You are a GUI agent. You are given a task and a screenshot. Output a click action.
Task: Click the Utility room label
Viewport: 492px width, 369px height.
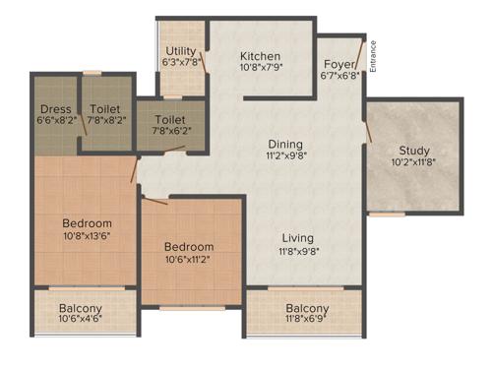[181, 50]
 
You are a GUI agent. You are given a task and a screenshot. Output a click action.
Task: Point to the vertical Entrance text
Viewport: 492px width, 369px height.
[374, 57]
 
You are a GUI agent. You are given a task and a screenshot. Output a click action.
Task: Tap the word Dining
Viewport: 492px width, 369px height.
[283, 142]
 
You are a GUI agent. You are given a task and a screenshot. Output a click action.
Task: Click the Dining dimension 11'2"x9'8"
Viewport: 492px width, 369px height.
[283, 154]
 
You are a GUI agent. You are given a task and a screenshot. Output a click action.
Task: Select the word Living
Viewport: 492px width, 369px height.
[297, 237]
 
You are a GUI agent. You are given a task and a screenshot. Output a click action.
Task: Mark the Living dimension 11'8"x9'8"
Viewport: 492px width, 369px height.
[297, 250]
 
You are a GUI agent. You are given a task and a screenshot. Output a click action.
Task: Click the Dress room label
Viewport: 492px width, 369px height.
[54, 108]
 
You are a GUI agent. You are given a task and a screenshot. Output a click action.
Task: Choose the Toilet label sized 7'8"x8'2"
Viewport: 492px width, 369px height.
[105, 108]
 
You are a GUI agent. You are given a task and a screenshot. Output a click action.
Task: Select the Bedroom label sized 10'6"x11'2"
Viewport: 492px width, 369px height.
[189, 246]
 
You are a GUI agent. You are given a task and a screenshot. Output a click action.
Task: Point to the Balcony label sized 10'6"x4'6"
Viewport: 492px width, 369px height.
[80, 308]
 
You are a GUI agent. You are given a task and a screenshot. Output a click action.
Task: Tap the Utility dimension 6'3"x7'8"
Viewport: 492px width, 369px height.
[181, 62]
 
